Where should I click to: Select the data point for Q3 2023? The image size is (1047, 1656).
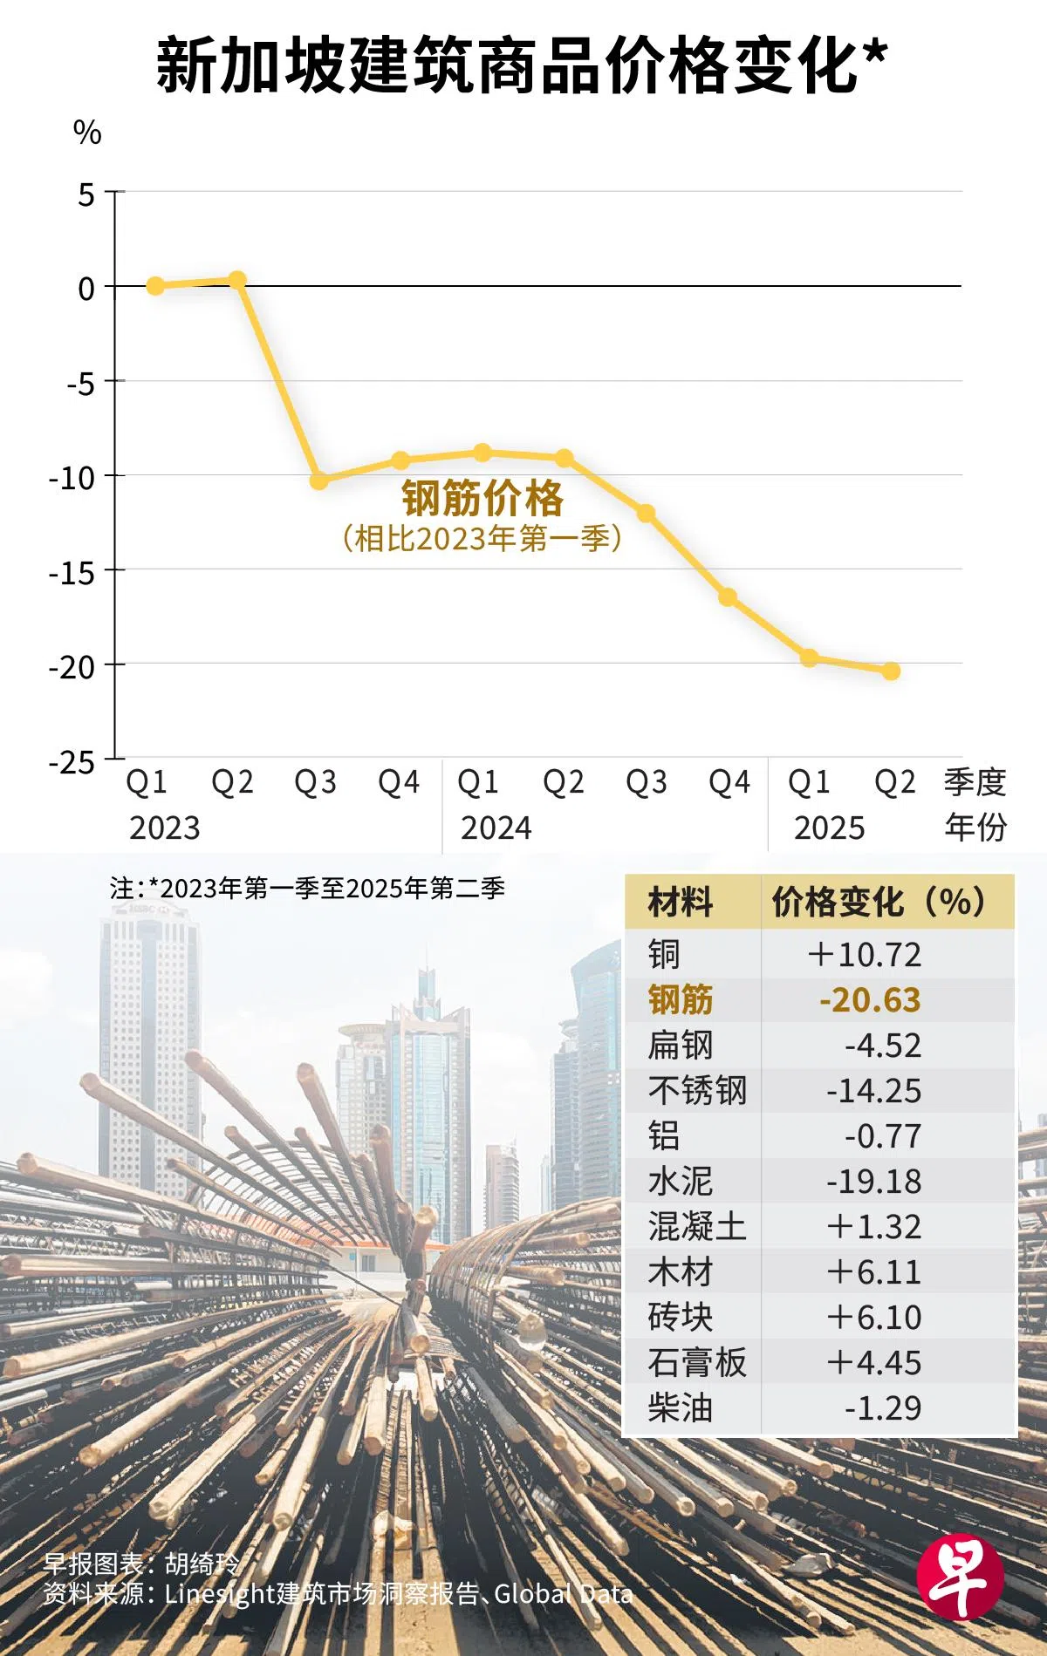coord(319,480)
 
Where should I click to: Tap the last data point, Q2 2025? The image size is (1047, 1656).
coord(891,671)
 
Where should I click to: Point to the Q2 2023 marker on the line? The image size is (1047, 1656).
coord(237,280)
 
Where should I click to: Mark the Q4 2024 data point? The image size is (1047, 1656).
coord(728,597)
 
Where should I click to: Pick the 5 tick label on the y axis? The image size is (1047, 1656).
coord(86,194)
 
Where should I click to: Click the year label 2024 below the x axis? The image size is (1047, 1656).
coord(496,828)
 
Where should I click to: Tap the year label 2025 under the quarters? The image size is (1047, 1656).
coord(829,828)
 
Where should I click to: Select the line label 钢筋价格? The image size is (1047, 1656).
coord(482,499)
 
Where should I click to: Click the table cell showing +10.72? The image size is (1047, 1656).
coord(864,955)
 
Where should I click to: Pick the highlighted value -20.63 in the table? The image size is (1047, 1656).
coord(870,1000)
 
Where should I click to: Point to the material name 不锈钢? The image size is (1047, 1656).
coord(697,1091)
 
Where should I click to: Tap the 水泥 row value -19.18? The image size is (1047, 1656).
coord(873,1182)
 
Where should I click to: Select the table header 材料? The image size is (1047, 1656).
coord(680,903)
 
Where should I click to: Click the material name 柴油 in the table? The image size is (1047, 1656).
coord(680,1408)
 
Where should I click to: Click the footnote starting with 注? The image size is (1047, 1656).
coord(307,889)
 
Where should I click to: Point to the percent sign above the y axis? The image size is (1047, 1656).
coord(87,133)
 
